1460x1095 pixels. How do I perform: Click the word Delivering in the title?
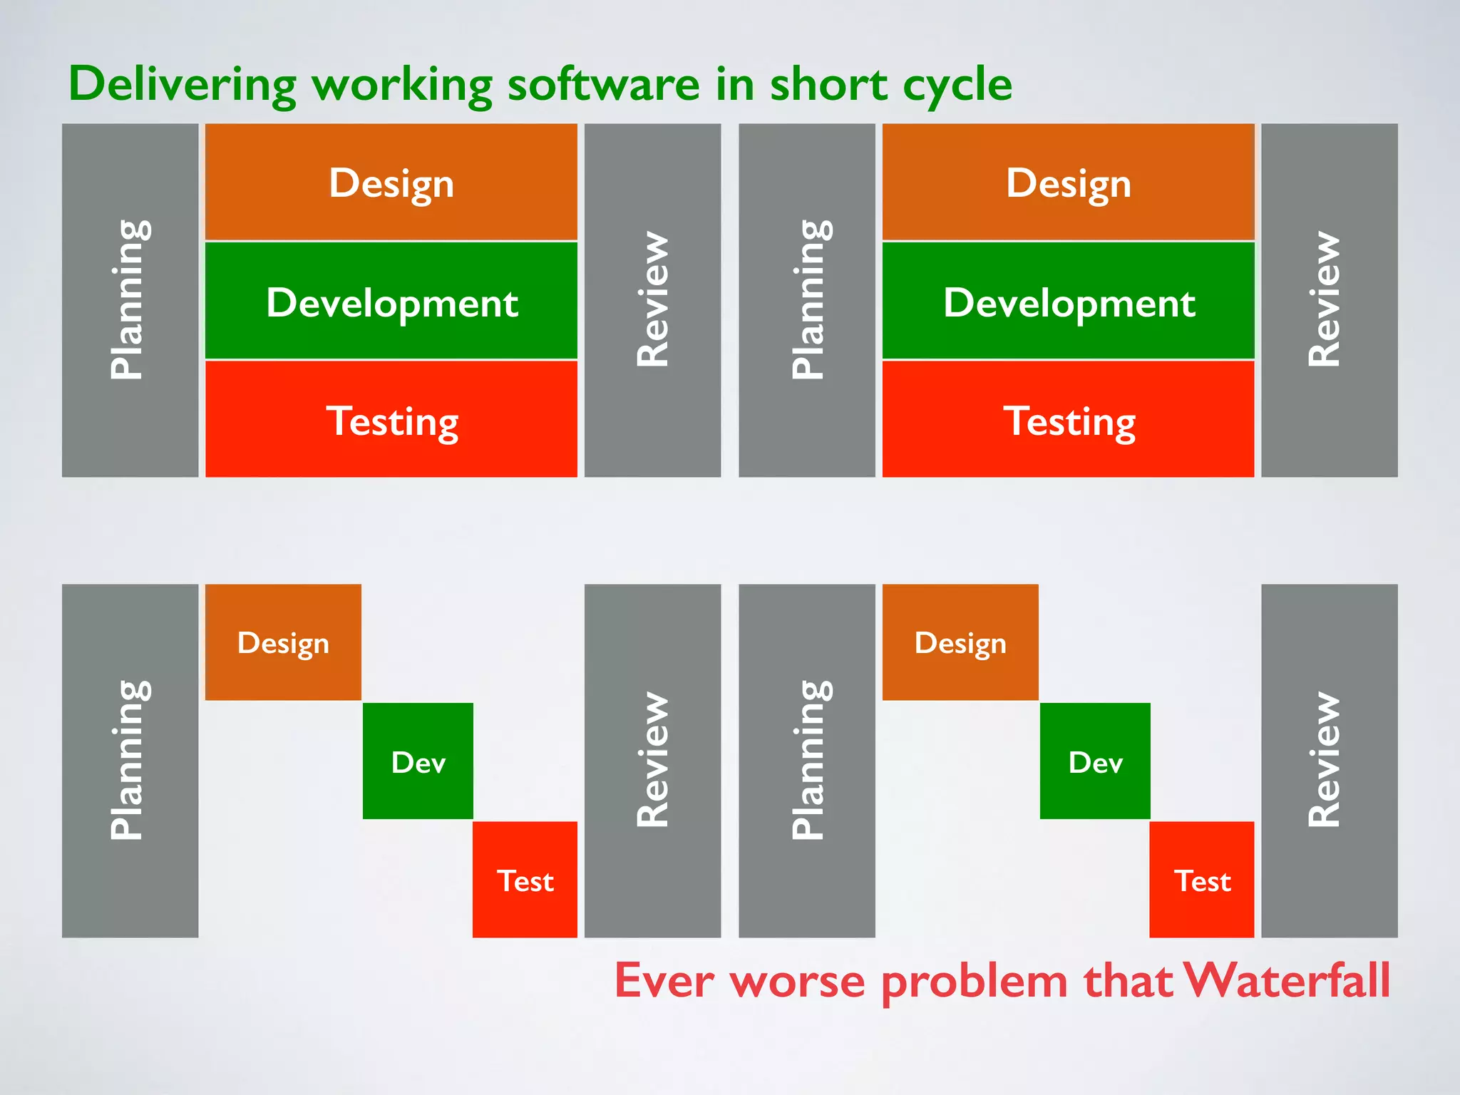(x=182, y=84)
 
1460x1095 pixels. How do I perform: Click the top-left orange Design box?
(x=391, y=182)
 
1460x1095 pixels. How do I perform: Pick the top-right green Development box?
(x=1068, y=302)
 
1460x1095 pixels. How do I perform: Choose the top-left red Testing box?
(x=391, y=420)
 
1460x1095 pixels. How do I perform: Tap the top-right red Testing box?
(x=1068, y=420)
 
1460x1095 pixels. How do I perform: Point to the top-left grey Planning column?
(x=130, y=300)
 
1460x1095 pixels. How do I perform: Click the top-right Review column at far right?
(x=1329, y=300)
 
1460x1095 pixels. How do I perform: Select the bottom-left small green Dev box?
(x=418, y=761)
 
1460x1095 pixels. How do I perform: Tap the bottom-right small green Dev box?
(x=1095, y=761)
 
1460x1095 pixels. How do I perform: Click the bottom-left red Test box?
(x=525, y=880)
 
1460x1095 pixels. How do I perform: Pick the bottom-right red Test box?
(x=1202, y=880)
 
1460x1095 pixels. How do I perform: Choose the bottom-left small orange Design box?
(x=283, y=642)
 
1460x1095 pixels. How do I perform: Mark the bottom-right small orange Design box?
(x=960, y=642)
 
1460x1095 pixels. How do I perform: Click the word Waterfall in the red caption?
(x=1287, y=980)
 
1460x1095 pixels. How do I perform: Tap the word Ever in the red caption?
(x=664, y=980)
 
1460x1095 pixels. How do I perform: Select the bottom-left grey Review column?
(x=652, y=761)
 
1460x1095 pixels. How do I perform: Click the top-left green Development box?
(x=391, y=302)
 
